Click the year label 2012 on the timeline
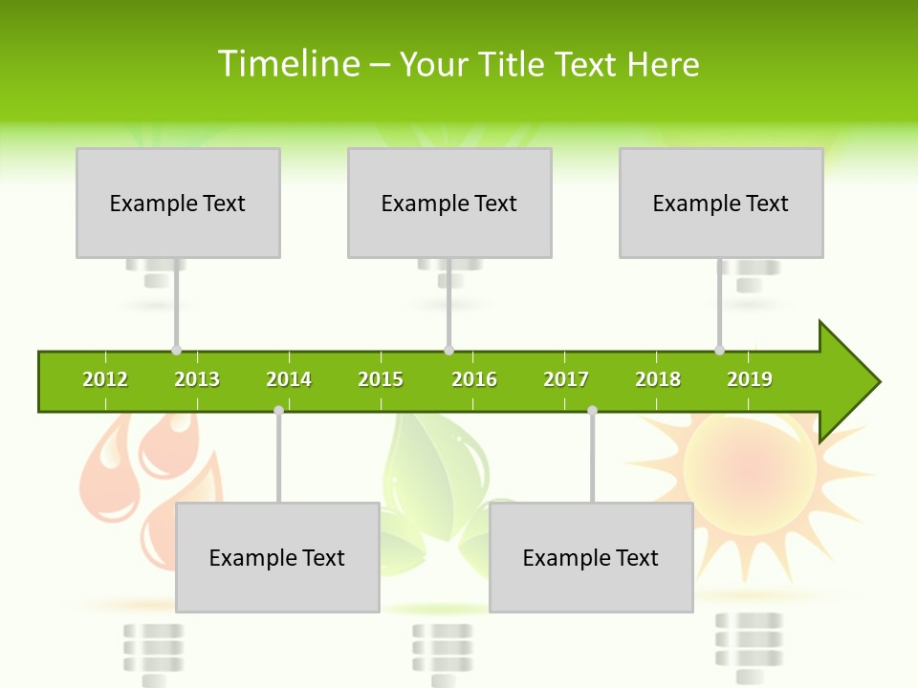[105, 379]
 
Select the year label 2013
[197, 379]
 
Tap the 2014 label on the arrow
[289, 379]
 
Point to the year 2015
[381, 379]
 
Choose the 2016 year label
[474, 379]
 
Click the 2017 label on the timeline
[566, 379]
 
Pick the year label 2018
[658, 379]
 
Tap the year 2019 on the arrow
[750, 379]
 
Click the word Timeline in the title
[288, 64]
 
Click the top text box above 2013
[178, 203]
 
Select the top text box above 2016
[449, 203]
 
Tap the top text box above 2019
[721, 203]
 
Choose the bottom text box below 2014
[277, 557]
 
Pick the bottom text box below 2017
[591, 557]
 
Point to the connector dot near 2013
[177, 351]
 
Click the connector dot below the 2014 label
[278, 410]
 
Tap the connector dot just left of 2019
[720, 351]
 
